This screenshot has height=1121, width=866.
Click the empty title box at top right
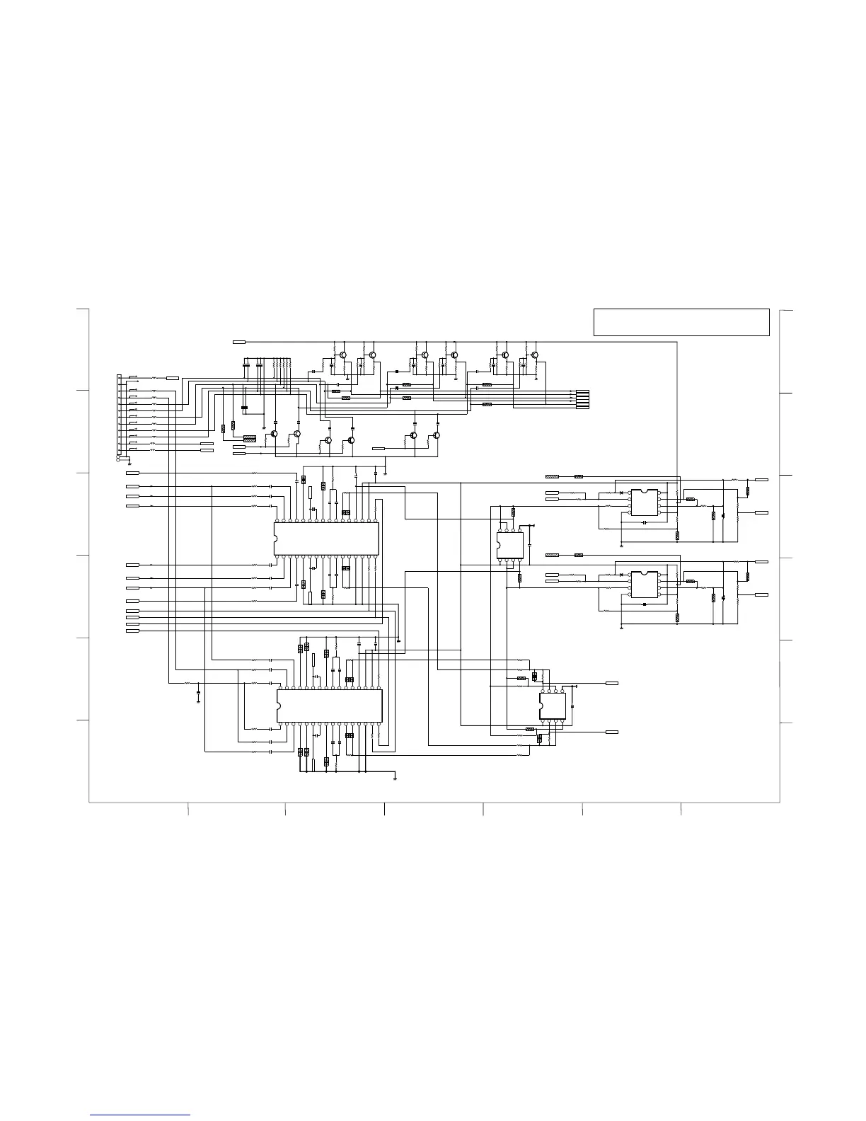pyautogui.click(x=681, y=322)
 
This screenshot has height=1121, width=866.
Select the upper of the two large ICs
pyautogui.click(x=326, y=539)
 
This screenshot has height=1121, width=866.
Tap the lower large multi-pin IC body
pyautogui.click(x=330, y=706)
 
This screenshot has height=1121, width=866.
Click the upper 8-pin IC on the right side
pyautogui.click(x=644, y=502)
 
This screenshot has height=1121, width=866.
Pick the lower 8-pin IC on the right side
pyautogui.click(x=644, y=585)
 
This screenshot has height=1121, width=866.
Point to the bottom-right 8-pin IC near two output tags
pyautogui.click(x=553, y=706)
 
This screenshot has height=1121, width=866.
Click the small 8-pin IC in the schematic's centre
pyautogui.click(x=509, y=546)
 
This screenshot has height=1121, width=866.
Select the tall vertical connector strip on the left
pyautogui.click(x=119, y=418)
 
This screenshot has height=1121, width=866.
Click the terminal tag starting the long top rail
pyautogui.click(x=239, y=342)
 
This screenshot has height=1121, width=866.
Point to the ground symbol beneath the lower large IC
pyautogui.click(x=394, y=778)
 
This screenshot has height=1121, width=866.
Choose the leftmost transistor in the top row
pyautogui.click(x=342, y=355)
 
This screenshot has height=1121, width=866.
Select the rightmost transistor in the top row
pyautogui.click(x=535, y=355)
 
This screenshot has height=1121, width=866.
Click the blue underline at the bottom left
pyautogui.click(x=141, y=1116)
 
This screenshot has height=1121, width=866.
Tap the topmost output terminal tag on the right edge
pyautogui.click(x=762, y=480)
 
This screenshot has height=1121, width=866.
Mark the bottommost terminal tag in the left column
pyautogui.click(x=132, y=631)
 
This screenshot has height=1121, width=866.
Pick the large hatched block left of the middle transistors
pyautogui.click(x=249, y=439)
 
